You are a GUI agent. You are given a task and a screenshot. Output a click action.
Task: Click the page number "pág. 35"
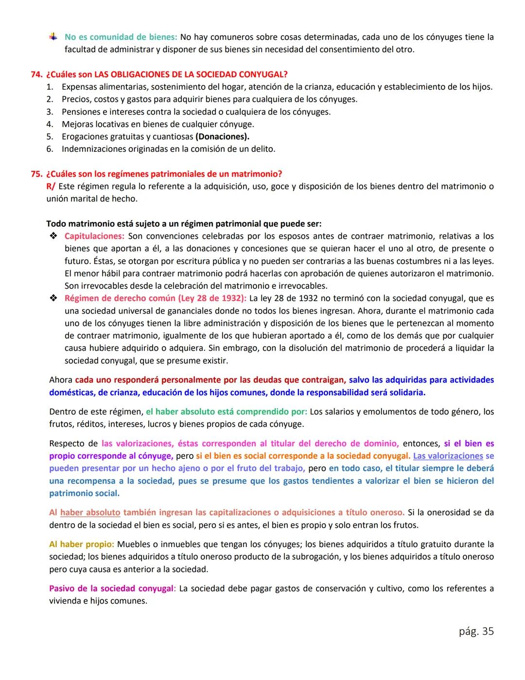point(476,631)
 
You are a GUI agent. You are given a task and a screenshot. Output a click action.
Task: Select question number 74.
point(36,74)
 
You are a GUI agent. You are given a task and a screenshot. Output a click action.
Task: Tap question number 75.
point(36,174)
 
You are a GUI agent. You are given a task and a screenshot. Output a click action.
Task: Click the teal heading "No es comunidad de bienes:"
point(121,37)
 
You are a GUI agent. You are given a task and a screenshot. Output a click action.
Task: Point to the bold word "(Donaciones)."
point(222,137)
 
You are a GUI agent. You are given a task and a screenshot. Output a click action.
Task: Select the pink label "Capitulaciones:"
point(94,236)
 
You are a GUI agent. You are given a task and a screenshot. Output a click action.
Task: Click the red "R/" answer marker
point(51,186)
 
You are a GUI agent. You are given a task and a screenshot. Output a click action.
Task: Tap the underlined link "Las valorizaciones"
point(448,456)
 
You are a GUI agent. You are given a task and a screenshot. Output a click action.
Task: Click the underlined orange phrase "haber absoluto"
point(90,513)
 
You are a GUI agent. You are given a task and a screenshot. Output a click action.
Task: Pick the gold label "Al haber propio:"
point(81,544)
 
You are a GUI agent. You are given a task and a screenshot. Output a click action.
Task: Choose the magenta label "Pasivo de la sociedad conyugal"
point(111,588)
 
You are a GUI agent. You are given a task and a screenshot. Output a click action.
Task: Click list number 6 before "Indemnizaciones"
point(50,149)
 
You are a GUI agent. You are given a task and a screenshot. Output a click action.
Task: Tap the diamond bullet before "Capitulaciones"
point(53,236)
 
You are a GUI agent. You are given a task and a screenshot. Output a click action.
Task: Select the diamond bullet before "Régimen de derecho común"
point(53,298)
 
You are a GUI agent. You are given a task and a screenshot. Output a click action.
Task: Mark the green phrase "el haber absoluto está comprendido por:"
point(226,412)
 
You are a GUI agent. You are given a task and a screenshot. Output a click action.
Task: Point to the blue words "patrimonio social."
point(84,494)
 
